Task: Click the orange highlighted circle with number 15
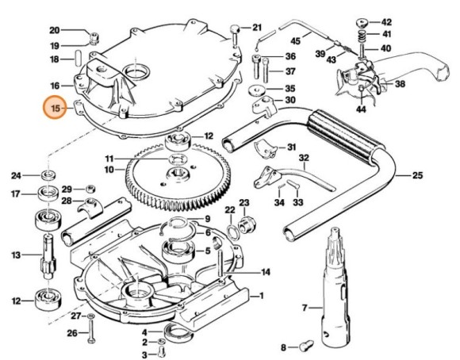pos(56,107)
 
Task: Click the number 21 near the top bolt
pos(256,28)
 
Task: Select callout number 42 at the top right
pos(386,21)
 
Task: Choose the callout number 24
pos(16,175)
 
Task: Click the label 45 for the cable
pos(295,40)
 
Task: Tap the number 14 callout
pos(266,272)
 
